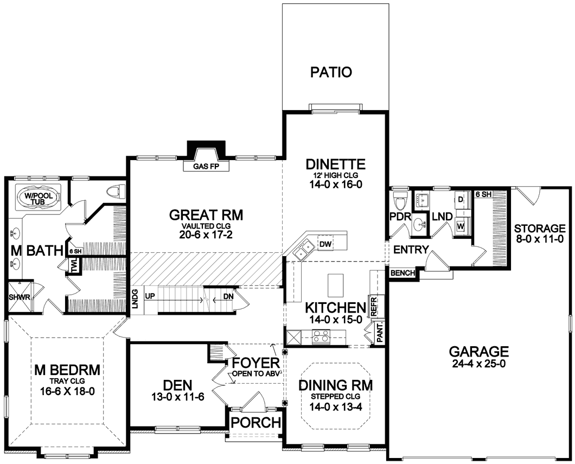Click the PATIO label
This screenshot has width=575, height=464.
331,72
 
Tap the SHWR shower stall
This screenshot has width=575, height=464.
19,297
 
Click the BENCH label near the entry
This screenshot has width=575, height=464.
403,273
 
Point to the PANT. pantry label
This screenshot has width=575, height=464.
380,332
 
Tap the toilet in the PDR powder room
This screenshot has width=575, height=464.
399,201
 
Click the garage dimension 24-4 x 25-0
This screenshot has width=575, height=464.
479,364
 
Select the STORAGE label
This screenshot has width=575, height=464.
539,228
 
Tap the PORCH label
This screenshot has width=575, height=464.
256,422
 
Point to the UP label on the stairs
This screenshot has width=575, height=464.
150,295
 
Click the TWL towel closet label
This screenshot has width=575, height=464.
75,265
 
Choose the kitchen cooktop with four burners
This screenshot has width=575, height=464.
321,338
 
